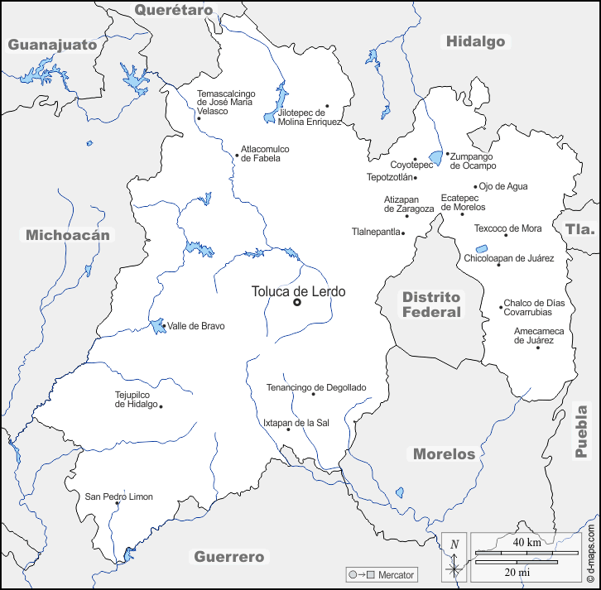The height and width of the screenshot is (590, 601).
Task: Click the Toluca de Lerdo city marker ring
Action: click(297, 303)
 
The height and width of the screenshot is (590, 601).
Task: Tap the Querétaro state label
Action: click(174, 10)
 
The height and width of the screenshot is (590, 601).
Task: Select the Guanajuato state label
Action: click(52, 45)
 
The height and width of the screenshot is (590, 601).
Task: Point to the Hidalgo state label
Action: click(475, 41)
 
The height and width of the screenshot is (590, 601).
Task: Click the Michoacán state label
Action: click(67, 235)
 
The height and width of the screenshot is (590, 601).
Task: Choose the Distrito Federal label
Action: click(430, 305)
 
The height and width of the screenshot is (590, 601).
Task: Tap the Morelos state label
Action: click(445, 453)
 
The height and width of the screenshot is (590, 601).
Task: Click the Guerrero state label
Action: click(228, 557)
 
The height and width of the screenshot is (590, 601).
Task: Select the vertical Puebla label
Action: click(582, 430)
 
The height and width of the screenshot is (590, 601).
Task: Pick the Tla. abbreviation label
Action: click(580, 229)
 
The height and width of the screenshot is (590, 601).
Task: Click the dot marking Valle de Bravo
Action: click(163, 325)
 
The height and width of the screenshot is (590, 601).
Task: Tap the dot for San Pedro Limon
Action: click(117, 503)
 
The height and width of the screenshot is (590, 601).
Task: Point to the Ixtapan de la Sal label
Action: click(296, 422)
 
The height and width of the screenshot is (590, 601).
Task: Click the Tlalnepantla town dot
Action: click(403, 233)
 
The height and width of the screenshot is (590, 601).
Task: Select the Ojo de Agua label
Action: click(503, 186)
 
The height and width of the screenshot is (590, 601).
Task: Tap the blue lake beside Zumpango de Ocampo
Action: click(435, 157)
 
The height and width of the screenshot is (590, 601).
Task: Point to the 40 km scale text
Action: click(526, 543)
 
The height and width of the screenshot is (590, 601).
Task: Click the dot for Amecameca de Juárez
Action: click(538, 348)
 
